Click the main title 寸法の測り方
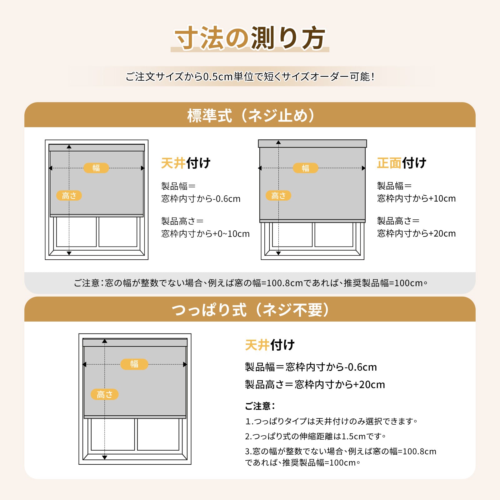click(250, 38)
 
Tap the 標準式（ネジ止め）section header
click(250, 115)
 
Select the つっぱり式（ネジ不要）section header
click(250, 310)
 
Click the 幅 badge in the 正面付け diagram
click(305, 168)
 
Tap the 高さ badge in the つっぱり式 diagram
click(105, 394)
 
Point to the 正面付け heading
click(402, 163)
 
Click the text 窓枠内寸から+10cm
click(416, 198)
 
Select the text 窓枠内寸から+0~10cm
click(205, 234)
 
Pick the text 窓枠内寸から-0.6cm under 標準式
click(201, 199)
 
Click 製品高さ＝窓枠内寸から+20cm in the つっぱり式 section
click(315, 384)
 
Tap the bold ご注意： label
click(260, 406)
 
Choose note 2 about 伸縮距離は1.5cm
click(315, 436)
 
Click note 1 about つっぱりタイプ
click(331, 421)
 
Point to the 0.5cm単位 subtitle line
click(250, 77)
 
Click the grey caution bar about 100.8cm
click(250, 283)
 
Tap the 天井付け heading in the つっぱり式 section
click(270, 345)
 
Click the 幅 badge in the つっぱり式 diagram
click(134, 364)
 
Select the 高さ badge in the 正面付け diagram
click(278, 196)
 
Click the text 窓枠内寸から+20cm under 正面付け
click(416, 233)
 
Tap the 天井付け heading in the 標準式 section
click(186, 163)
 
